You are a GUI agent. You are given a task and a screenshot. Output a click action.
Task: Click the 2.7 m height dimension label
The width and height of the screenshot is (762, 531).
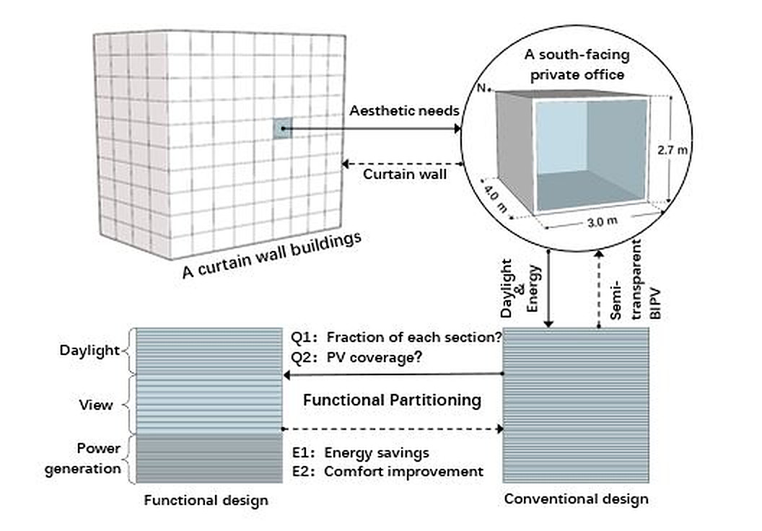pyautogui.click(x=676, y=152)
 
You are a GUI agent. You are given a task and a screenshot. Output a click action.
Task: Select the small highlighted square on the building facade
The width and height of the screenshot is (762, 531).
pyautogui.click(x=282, y=128)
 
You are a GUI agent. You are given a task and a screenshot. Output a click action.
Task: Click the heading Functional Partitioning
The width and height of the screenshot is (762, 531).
pyautogui.click(x=391, y=399)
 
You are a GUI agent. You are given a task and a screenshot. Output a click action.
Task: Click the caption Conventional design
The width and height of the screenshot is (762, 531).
pyautogui.click(x=576, y=499)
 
